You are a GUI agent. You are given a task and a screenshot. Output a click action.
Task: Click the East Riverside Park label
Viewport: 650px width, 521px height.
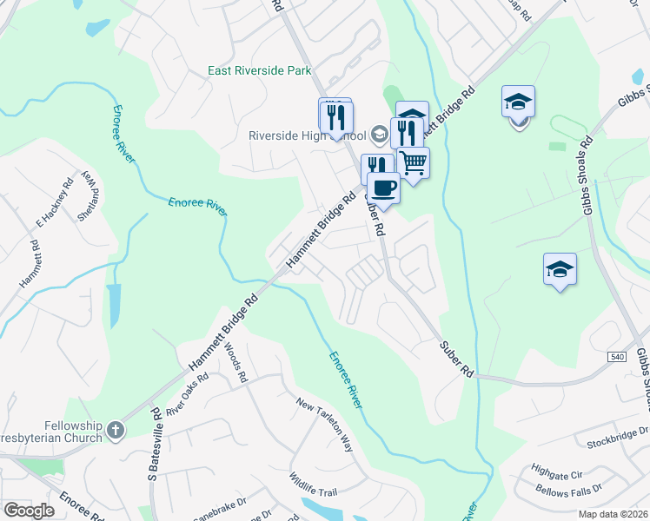coord(260,70)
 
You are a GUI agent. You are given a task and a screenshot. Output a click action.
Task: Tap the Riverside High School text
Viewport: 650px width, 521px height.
coord(307,135)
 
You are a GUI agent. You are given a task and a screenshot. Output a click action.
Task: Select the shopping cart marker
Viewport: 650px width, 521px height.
coord(414,162)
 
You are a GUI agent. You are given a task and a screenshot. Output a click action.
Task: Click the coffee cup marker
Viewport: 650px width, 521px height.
coord(383,187)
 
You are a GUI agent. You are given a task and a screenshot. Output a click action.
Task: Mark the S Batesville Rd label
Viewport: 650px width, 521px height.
coord(153,445)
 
